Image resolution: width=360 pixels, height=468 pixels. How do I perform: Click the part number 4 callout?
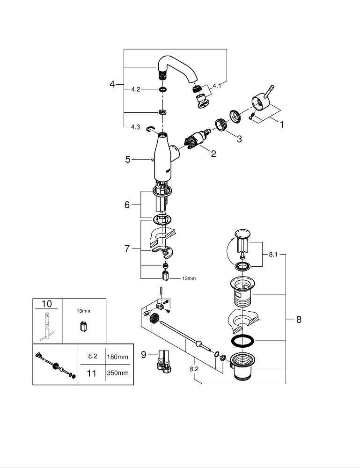[112, 84]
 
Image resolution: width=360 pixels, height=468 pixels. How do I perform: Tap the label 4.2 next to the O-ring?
[135, 89]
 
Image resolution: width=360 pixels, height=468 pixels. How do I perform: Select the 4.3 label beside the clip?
[135, 127]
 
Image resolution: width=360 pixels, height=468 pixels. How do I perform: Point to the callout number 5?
[127, 160]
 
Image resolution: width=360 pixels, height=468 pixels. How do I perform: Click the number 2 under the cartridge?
[213, 154]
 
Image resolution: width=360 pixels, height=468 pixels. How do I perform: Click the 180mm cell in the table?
[117, 357]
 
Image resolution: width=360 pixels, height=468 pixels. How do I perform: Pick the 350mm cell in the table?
[117, 373]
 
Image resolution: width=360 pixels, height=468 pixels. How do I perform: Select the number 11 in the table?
[92, 373]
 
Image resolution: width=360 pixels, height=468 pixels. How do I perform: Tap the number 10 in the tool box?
[47, 304]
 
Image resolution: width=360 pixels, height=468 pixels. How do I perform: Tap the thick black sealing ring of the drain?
[242, 340]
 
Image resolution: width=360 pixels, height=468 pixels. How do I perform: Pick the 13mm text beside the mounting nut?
[189, 278]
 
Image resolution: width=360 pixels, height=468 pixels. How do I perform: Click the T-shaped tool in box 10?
[47, 328]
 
